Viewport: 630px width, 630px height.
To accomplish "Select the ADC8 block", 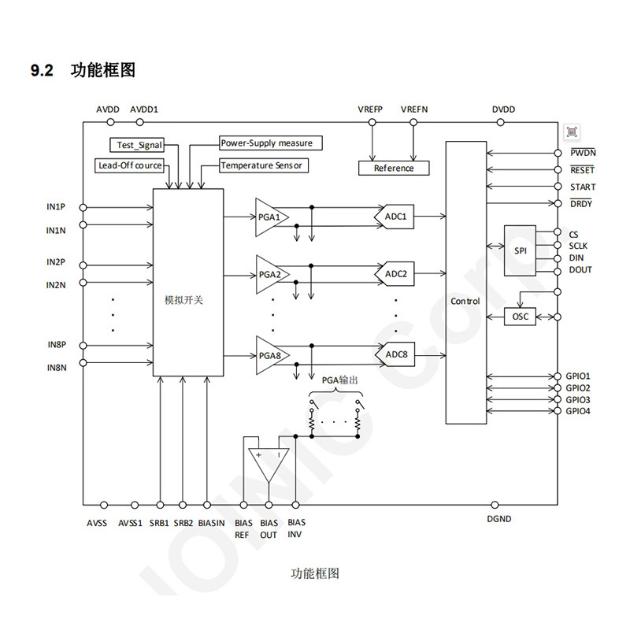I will pyautogui.click(x=395, y=354).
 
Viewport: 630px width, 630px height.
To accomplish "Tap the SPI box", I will pyautogui.click(x=520, y=250).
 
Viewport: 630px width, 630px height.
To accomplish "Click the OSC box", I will pyautogui.click(x=520, y=317).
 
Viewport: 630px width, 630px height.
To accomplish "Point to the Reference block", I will pyautogui.click(x=393, y=168).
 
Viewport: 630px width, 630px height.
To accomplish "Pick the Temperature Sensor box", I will pyautogui.click(x=260, y=165).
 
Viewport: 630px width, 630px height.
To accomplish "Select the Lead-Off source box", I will pyautogui.click(x=130, y=165).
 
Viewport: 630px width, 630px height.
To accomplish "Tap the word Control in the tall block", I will pyautogui.click(x=465, y=302).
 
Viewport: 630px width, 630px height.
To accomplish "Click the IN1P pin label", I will pyautogui.click(x=55, y=207).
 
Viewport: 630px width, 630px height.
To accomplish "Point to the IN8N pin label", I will pyautogui.click(x=55, y=368).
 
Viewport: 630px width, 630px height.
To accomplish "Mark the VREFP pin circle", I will pyautogui.click(x=369, y=122).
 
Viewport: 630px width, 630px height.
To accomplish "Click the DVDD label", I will pyautogui.click(x=503, y=109).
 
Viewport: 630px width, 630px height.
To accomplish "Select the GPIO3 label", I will pyautogui.click(x=577, y=400).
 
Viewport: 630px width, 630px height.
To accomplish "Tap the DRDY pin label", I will pyautogui.click(x=581, y=204).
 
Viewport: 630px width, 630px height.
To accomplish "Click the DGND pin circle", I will pyautogui.click(x=495, y=505).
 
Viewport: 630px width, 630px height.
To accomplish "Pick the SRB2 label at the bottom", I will pyautogui.click(x=183, y=522).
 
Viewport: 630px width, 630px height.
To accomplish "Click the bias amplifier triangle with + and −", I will pyautogui.click(x=269, y=464).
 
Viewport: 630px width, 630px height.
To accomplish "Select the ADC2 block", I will pyautogui.click(x=395, y=274).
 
